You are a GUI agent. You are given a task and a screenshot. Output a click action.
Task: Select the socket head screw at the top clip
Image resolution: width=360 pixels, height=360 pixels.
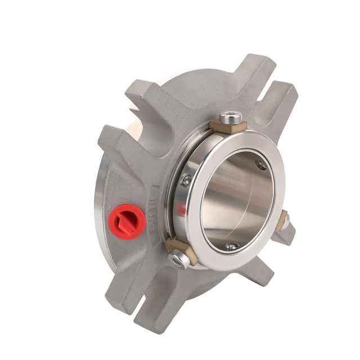click(x=231, y=118)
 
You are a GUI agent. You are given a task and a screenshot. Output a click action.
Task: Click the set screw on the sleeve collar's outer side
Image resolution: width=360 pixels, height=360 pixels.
click(x=186, y=180)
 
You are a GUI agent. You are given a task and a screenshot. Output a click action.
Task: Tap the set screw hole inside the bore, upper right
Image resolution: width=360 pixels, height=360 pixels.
click(x=261, y=164)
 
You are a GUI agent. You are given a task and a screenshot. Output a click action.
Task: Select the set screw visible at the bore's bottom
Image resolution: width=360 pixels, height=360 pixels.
click(x=231, y=245)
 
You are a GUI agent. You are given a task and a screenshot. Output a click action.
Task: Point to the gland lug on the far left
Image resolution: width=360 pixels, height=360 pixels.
click(x=112, y=141)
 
